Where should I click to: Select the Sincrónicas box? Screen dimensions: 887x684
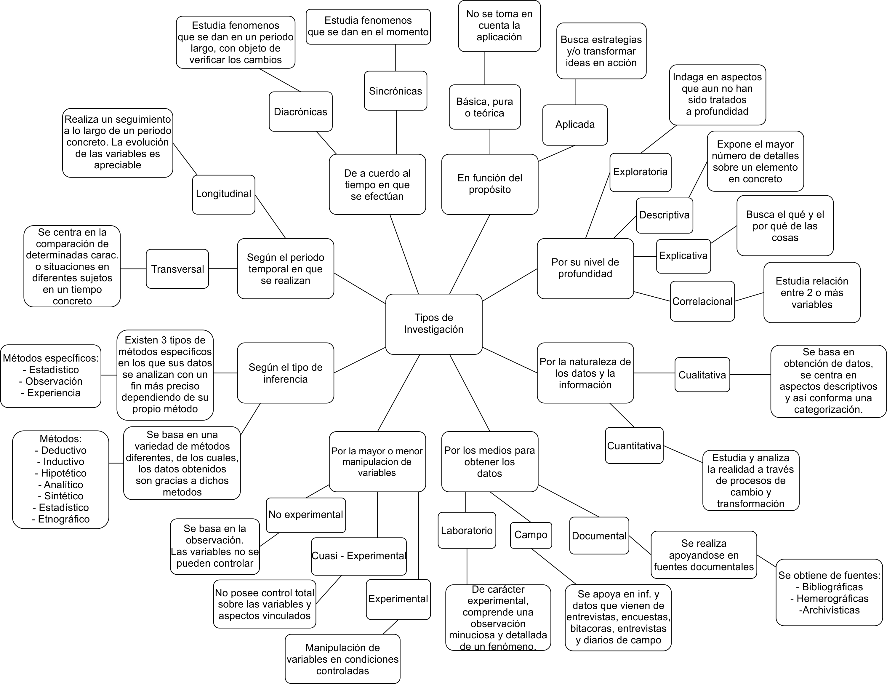(x=396, y=91)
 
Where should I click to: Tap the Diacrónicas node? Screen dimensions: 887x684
(x=300, y=112)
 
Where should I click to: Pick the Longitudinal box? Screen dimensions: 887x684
(x=224, y=194)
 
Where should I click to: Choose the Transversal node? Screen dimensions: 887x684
(x=177, y=269)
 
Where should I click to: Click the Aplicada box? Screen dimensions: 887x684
(x=575, y=125)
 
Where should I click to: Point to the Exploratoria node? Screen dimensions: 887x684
(x=641, y=172)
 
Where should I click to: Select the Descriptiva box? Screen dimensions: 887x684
(x=665, y=215)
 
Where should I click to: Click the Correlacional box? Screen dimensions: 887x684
(x=703, y=301)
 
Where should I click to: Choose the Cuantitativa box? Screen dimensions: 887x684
(x=634, y=445)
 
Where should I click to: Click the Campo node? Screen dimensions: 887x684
(x=531, y=535)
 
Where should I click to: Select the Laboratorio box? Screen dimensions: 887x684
(x=467, y=530)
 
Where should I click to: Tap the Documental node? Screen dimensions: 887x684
(x=599, y=536)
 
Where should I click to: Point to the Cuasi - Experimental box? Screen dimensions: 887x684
(x=359, y=556)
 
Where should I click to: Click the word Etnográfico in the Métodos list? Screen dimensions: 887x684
(x=63, y=519)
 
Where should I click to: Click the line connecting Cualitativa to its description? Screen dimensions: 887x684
(x=750, y=375)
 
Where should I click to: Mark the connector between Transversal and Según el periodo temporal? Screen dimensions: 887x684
(x=223, y=269)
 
